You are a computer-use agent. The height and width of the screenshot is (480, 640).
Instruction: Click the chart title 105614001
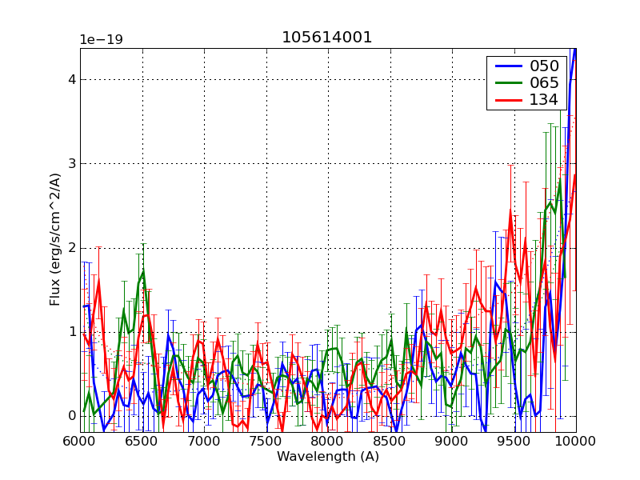pyautogui.click(x=326, y=38)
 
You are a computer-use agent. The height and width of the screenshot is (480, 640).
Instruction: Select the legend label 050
pyautogui.click(x=543, y=66)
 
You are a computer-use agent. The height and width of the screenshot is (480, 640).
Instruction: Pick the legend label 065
pyautogui.click(x=543, y=82)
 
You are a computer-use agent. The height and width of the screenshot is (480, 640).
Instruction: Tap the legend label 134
pyautogui.click(x=543, y=99)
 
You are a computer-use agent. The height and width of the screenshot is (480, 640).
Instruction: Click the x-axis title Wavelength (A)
pyautogui.click(x=328, y=457)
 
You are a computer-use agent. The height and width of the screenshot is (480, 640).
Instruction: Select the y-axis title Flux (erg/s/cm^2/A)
pyautogui.click(x=55, y=240)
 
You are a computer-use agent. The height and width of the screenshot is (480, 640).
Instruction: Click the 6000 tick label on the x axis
pyautogui.click(x=80, y=441)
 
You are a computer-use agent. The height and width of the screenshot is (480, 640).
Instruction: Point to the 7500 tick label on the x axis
pyautogui.click(x=266, y=441)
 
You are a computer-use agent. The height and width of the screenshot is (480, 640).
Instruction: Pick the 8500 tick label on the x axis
pyautogui.click(x=390, y=441)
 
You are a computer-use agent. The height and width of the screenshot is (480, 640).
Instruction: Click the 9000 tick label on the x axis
pyautogui.click(x=452, y=441)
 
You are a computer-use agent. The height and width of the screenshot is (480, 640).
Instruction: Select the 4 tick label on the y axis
pyautogui.click(x=71, y=80)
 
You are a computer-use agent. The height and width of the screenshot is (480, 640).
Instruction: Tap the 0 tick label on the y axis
pyautogui.click(x=71, y=416)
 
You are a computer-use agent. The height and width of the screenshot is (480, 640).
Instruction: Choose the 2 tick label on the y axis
pyautogui.click(x=71, y=248)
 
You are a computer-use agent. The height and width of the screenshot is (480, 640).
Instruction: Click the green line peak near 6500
pyautogui.click(x=143, y=271)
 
